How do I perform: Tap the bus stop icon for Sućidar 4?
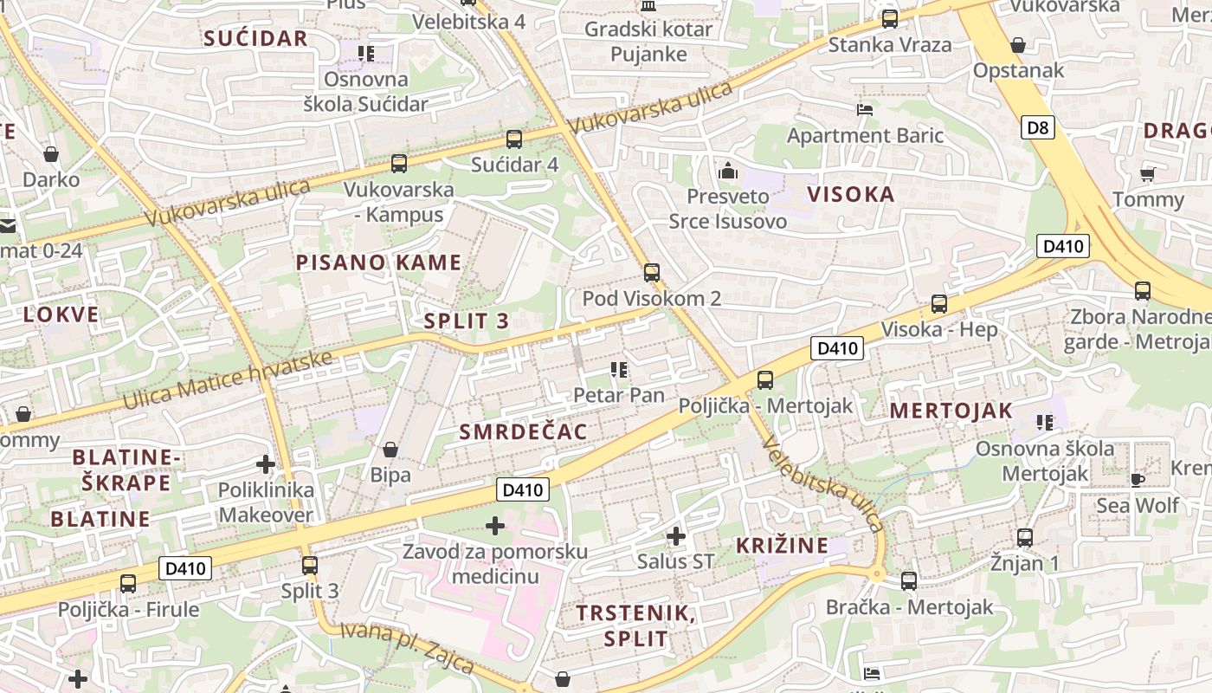[x=514, y=139]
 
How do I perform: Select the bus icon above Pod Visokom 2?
[x=652, y=273]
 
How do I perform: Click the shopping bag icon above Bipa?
[x=390, y=450]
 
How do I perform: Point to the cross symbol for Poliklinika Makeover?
[x=266, y=464]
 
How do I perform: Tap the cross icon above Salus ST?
[x=676, y=536]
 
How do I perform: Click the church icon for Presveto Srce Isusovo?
[x=728, y=171]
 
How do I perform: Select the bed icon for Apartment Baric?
[x=864, y=109]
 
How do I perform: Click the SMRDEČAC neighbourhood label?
[x=523, y=431]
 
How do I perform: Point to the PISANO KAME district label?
[x=379, y=262]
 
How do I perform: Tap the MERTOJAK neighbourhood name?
[x=951, y=411]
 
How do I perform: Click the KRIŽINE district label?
[x=783, y=546]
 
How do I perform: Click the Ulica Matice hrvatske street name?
[x=228, y=379]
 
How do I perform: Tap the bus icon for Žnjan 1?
[x=1025, y=537]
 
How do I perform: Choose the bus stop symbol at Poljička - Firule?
[x=128, y=583]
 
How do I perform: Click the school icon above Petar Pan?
[x=619, y=370]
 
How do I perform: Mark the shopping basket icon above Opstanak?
[x=1018, y=45]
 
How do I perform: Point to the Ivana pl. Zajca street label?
[x=407, y=647]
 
